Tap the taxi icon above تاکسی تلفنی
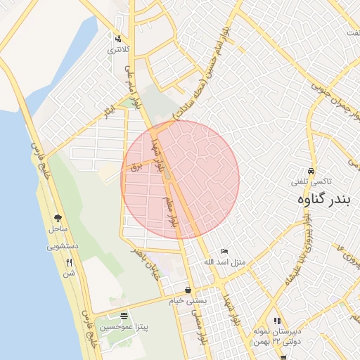311,172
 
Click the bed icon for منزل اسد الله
224,251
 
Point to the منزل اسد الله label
225,262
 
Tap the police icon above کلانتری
118,39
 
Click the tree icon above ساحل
58,218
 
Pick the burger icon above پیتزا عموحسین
124,316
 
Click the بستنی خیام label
186,300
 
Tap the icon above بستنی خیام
188,290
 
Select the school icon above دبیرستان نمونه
277,321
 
